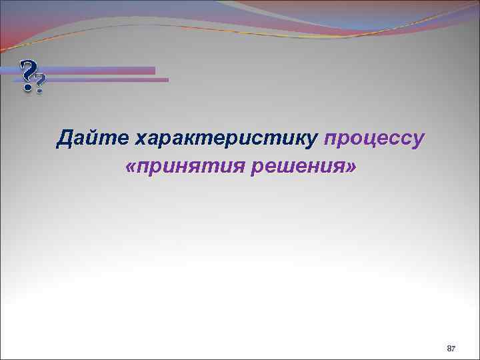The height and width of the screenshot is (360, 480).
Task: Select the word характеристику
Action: click(x=226, y=139)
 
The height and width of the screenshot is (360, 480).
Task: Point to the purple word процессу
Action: click(x=373, y=139)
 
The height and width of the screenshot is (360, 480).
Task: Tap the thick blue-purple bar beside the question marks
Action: click(x=100, y=70)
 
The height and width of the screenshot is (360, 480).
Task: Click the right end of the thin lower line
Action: click(x=167, y=80)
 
